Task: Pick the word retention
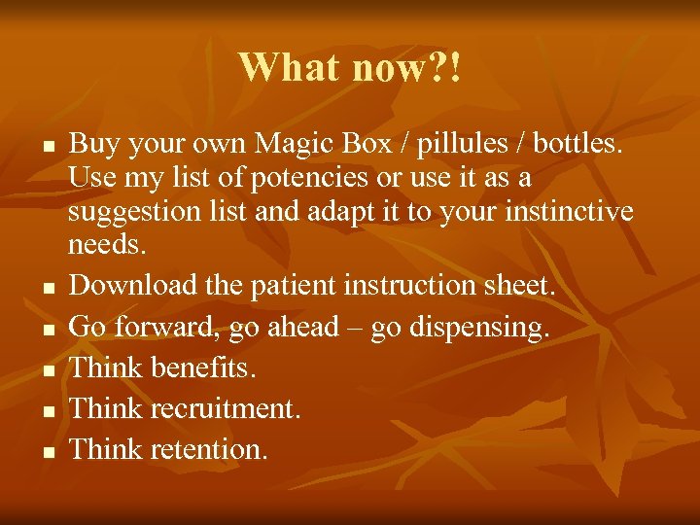(x=208, y=450)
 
